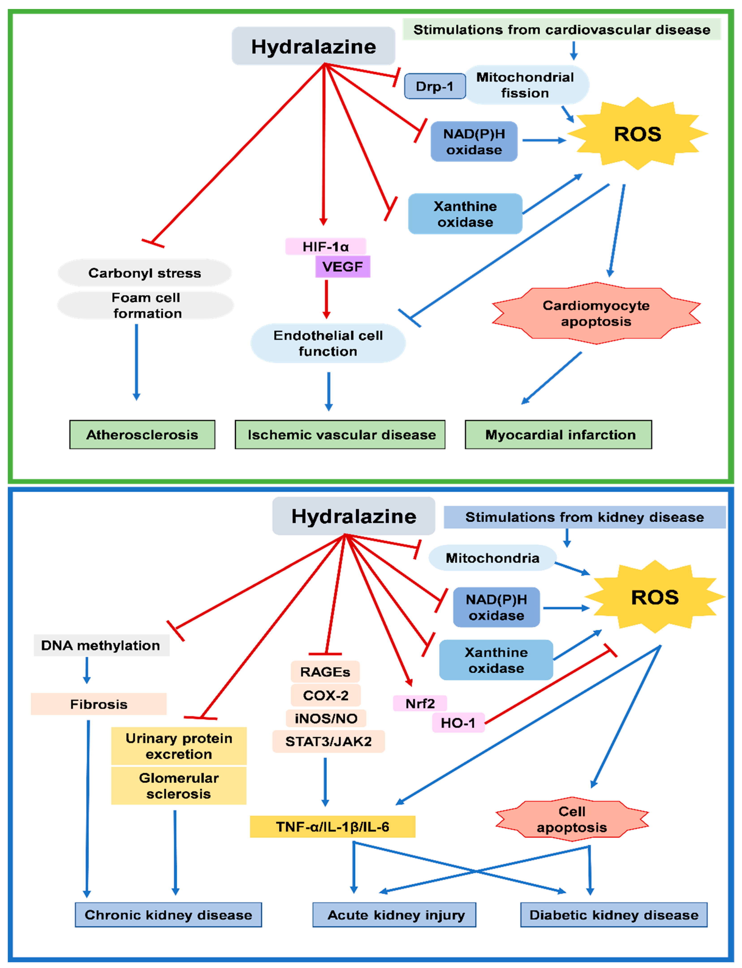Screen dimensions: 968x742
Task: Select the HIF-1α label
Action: pyautogui.click(x=326, y=246)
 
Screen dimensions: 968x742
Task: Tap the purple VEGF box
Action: pyautogui.click(x=343, y=267)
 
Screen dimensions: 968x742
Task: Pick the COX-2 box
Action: pyautogui.click(x=326, y=695)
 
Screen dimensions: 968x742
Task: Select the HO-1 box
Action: pyautogui.click(x=458, y=723)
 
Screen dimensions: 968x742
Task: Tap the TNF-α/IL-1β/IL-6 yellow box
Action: pyautogui.click(x=332, y=826)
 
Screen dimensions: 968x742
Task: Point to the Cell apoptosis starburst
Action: pyautogui.click(x=572, y=819)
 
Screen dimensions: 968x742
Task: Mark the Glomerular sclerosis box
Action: pyautogui.click(x=178, y=786)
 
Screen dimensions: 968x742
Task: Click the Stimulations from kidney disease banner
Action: pyautogui.click(x=584, y=517)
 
